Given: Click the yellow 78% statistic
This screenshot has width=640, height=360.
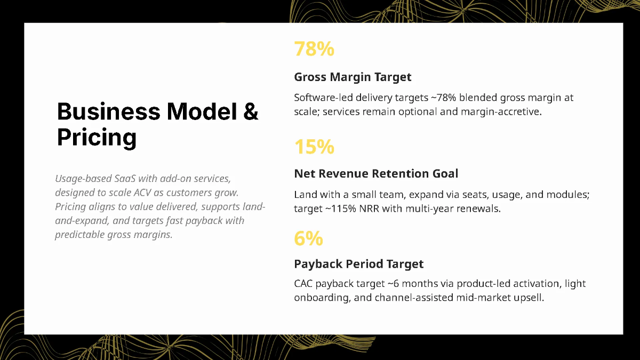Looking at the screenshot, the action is coord(314,49).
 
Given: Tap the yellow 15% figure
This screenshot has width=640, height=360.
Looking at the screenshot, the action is coord(314,147).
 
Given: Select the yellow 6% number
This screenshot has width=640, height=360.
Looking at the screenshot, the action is coord(309,238).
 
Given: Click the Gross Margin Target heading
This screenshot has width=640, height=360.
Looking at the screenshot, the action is coord(353,77).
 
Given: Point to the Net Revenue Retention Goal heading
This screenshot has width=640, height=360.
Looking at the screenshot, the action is coord(376,173).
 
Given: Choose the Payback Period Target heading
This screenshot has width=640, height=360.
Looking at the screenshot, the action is coord(358,264).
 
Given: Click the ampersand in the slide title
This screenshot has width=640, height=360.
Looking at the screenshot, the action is coord(251,111).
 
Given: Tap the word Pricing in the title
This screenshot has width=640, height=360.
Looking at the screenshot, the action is coord(97,138).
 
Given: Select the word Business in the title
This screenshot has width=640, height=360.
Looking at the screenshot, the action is coord(109,111).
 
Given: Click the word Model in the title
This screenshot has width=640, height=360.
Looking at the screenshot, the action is coord(202,111).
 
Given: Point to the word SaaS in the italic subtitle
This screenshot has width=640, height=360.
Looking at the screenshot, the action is coord(125,179).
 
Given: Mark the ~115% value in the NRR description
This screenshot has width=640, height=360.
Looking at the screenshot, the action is coord(341,209).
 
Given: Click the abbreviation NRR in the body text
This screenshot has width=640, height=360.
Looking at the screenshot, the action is coord(369,209).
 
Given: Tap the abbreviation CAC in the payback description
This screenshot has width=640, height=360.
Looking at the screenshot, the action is coord(303,284).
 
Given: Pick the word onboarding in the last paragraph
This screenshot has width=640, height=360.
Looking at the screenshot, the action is coord(322,298).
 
